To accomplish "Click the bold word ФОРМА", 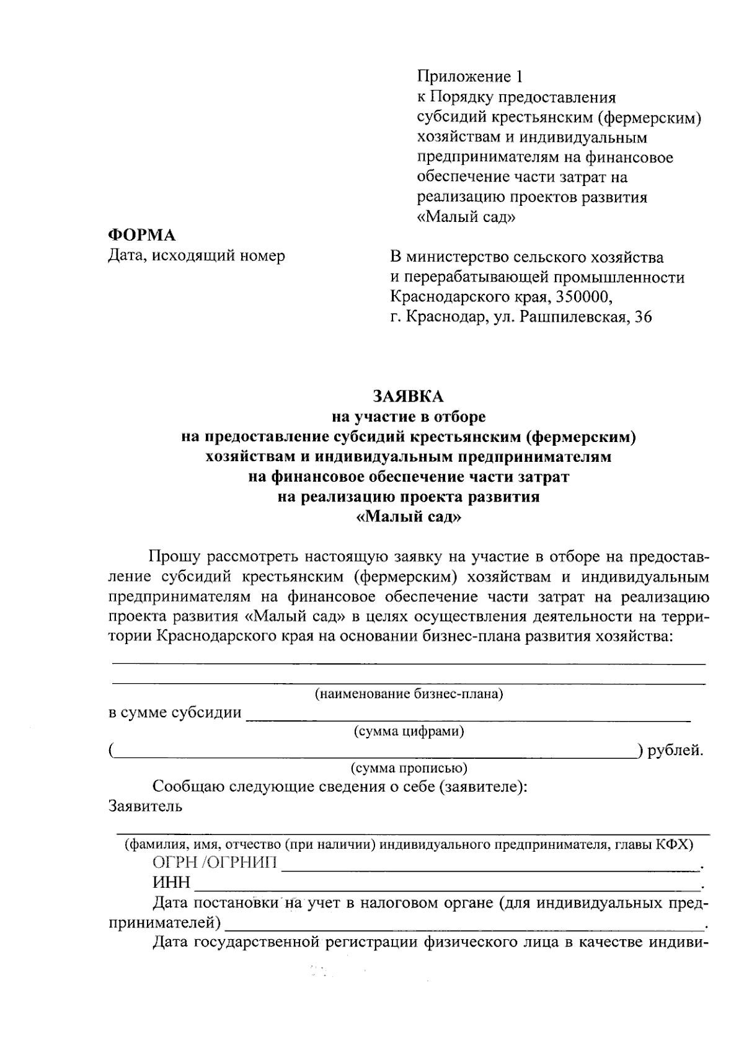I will pyautogui.click(x=142, y=235).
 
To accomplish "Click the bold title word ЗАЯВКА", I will pyautogui.click(x=408, y=396).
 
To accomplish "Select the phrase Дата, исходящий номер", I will pyautogui.click(x=197, y=255).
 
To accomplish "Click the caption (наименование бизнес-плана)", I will pyautogui.click(x=409, y=694).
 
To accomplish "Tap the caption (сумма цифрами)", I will pyautogui.click(x=409, y=732).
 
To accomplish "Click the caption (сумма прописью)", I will pyautogui.click(x=409, y=769).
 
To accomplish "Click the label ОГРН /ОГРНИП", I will pyautogui.click(x=215, y=864).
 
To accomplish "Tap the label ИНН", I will pyautogui.click(x=171, y=883).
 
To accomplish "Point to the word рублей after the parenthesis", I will pyautogui.click(x=674, y=751).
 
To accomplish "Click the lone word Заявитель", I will pyautogui.click(x=145, y=807).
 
